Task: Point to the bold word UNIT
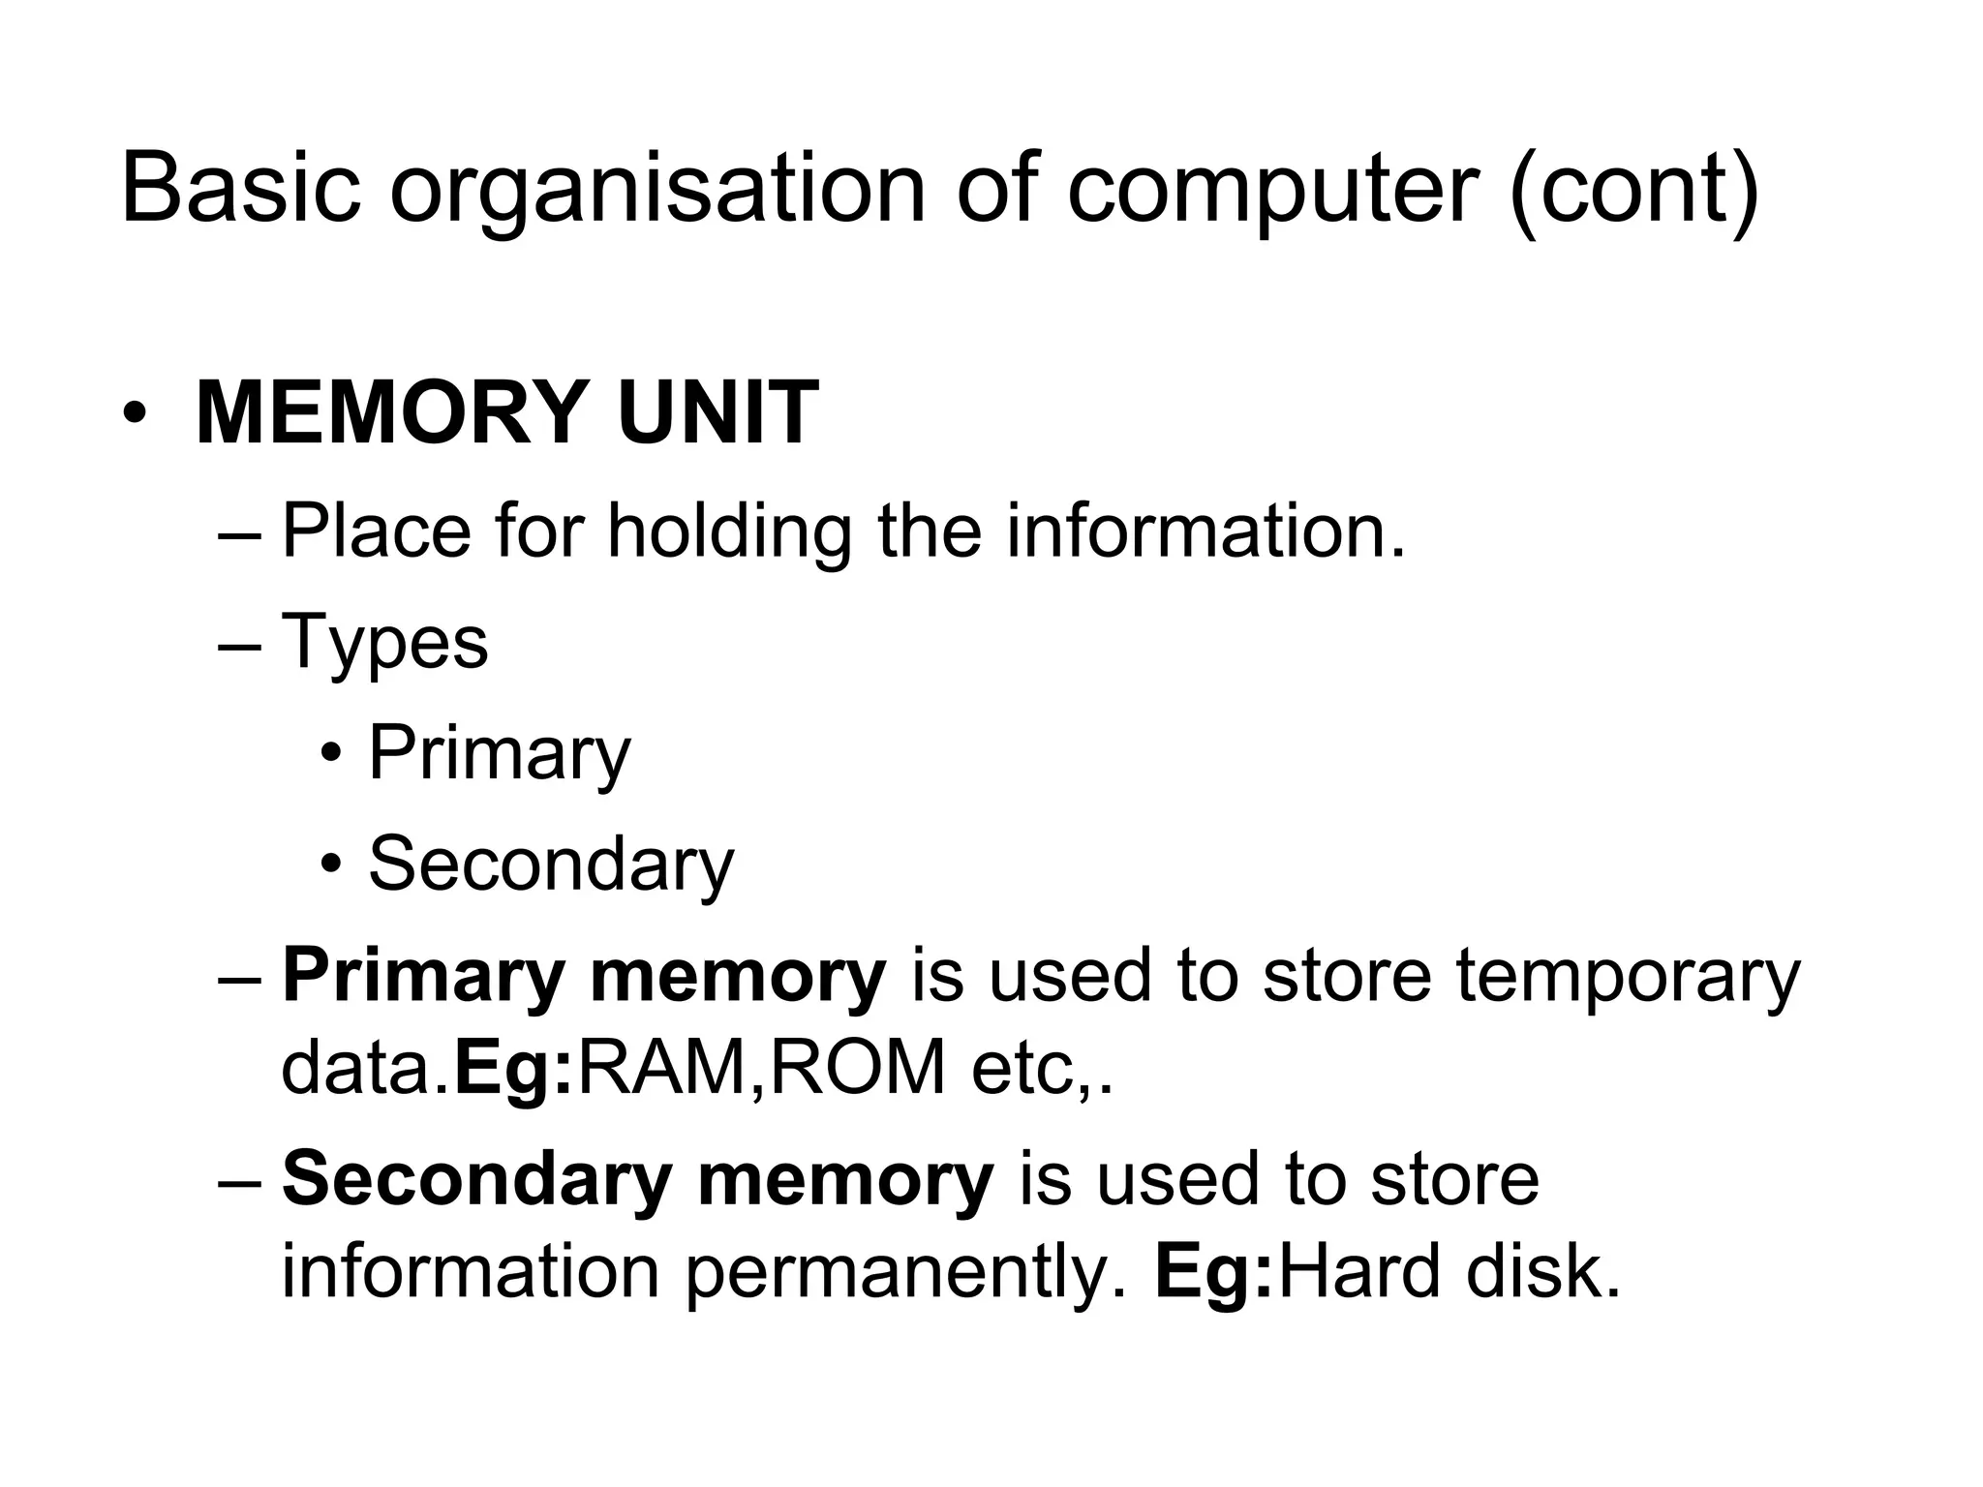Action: [x=717, y=413]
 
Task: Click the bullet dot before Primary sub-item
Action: [x=332, y=754]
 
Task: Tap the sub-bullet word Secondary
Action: [x=551, y=865]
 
